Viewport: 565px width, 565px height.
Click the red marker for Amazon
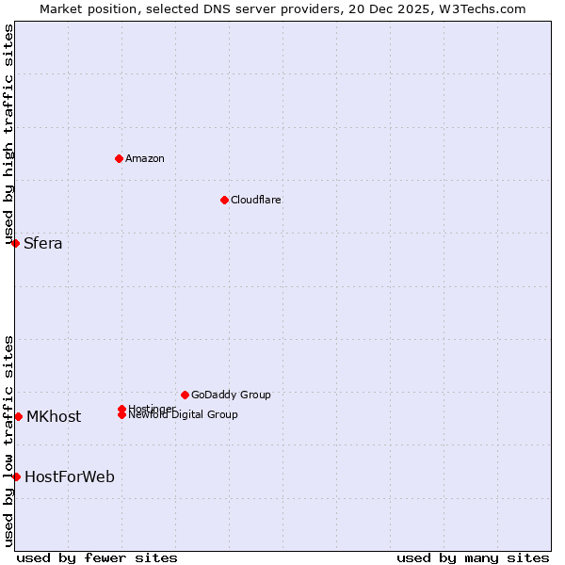point(119,158)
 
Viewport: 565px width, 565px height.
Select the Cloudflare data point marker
point(224,200)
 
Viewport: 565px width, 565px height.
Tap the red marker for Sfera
point(15,243)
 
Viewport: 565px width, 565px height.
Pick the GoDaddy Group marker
point(185,395)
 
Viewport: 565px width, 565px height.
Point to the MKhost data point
point(18,416)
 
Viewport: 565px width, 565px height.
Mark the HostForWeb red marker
point(16,476)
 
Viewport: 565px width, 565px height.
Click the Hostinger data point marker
point(122,408)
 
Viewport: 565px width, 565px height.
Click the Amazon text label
point(145,158)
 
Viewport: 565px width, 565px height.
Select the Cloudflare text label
point(256,200)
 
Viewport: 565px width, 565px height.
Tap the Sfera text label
point(43,244)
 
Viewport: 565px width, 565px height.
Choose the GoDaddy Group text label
point(231,395)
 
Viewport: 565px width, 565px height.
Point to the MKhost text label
point(54,417)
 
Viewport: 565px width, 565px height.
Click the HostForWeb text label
point(70,477)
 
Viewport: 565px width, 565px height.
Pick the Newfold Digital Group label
point(184,415)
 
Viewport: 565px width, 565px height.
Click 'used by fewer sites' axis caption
point(97,557)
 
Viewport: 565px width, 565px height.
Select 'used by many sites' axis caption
point(473,557)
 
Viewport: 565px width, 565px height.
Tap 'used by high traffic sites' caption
point(8,135)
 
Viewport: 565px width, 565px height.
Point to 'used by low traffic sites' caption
point(8,441)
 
